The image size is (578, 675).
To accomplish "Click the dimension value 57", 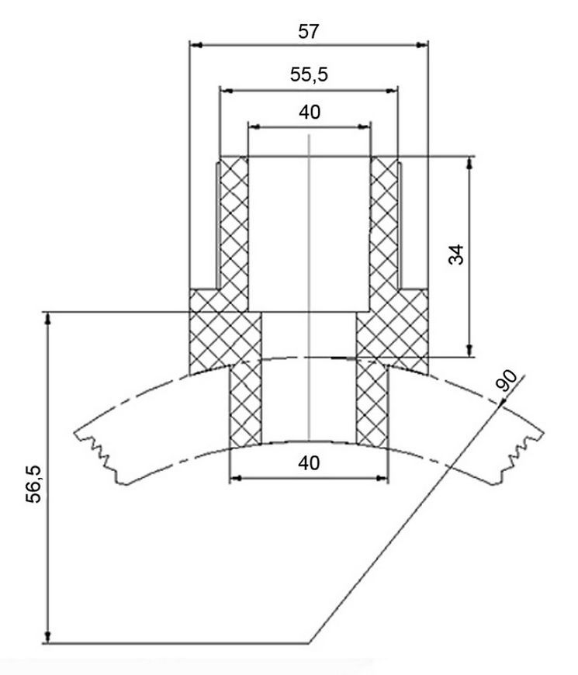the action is pyautogui.click(x=309, y=32).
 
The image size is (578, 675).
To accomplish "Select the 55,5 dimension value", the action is pyautogui.click(x=309, y=75).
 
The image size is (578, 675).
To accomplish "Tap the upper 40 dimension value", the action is pyautogui.click(x=310, y=112).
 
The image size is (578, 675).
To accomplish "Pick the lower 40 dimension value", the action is pyautogui.click(x=309, y=463).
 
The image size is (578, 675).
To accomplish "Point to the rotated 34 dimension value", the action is pyautogui.click(x=457, y=254).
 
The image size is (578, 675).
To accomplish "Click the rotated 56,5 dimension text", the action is pyautogui.click(x=33, y=484).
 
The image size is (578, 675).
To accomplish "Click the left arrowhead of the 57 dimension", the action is pyautogui.click(x=196, y=45).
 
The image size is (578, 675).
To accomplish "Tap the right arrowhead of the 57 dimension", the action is pyautogui.click(x=422, y=45).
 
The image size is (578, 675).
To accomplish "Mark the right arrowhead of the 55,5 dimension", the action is pyautogui.click(x=392, y=91).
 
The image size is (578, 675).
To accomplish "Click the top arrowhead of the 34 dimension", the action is pyautogui.click(x=469, y=163).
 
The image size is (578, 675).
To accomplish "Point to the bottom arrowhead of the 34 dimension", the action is pyautogui.click(x=469, y=351).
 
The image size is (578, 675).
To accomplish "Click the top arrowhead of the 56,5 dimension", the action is pyautogui.click(x=48, y=319).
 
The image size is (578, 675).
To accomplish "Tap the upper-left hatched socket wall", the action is pyautogui.click(x=234, y=234).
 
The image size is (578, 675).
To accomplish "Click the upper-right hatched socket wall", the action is pyautogui.click(x=384, y=234).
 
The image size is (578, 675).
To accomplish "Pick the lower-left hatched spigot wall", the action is pyautogui.click(x=245, y=403).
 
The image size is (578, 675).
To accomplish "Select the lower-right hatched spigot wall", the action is pyautogui.click(x=372, y=403).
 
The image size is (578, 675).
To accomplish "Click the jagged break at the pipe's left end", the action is pyautogui.click(x=98, y=455).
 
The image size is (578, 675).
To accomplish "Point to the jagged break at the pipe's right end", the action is pyautogui.click(x=520, y=456).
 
